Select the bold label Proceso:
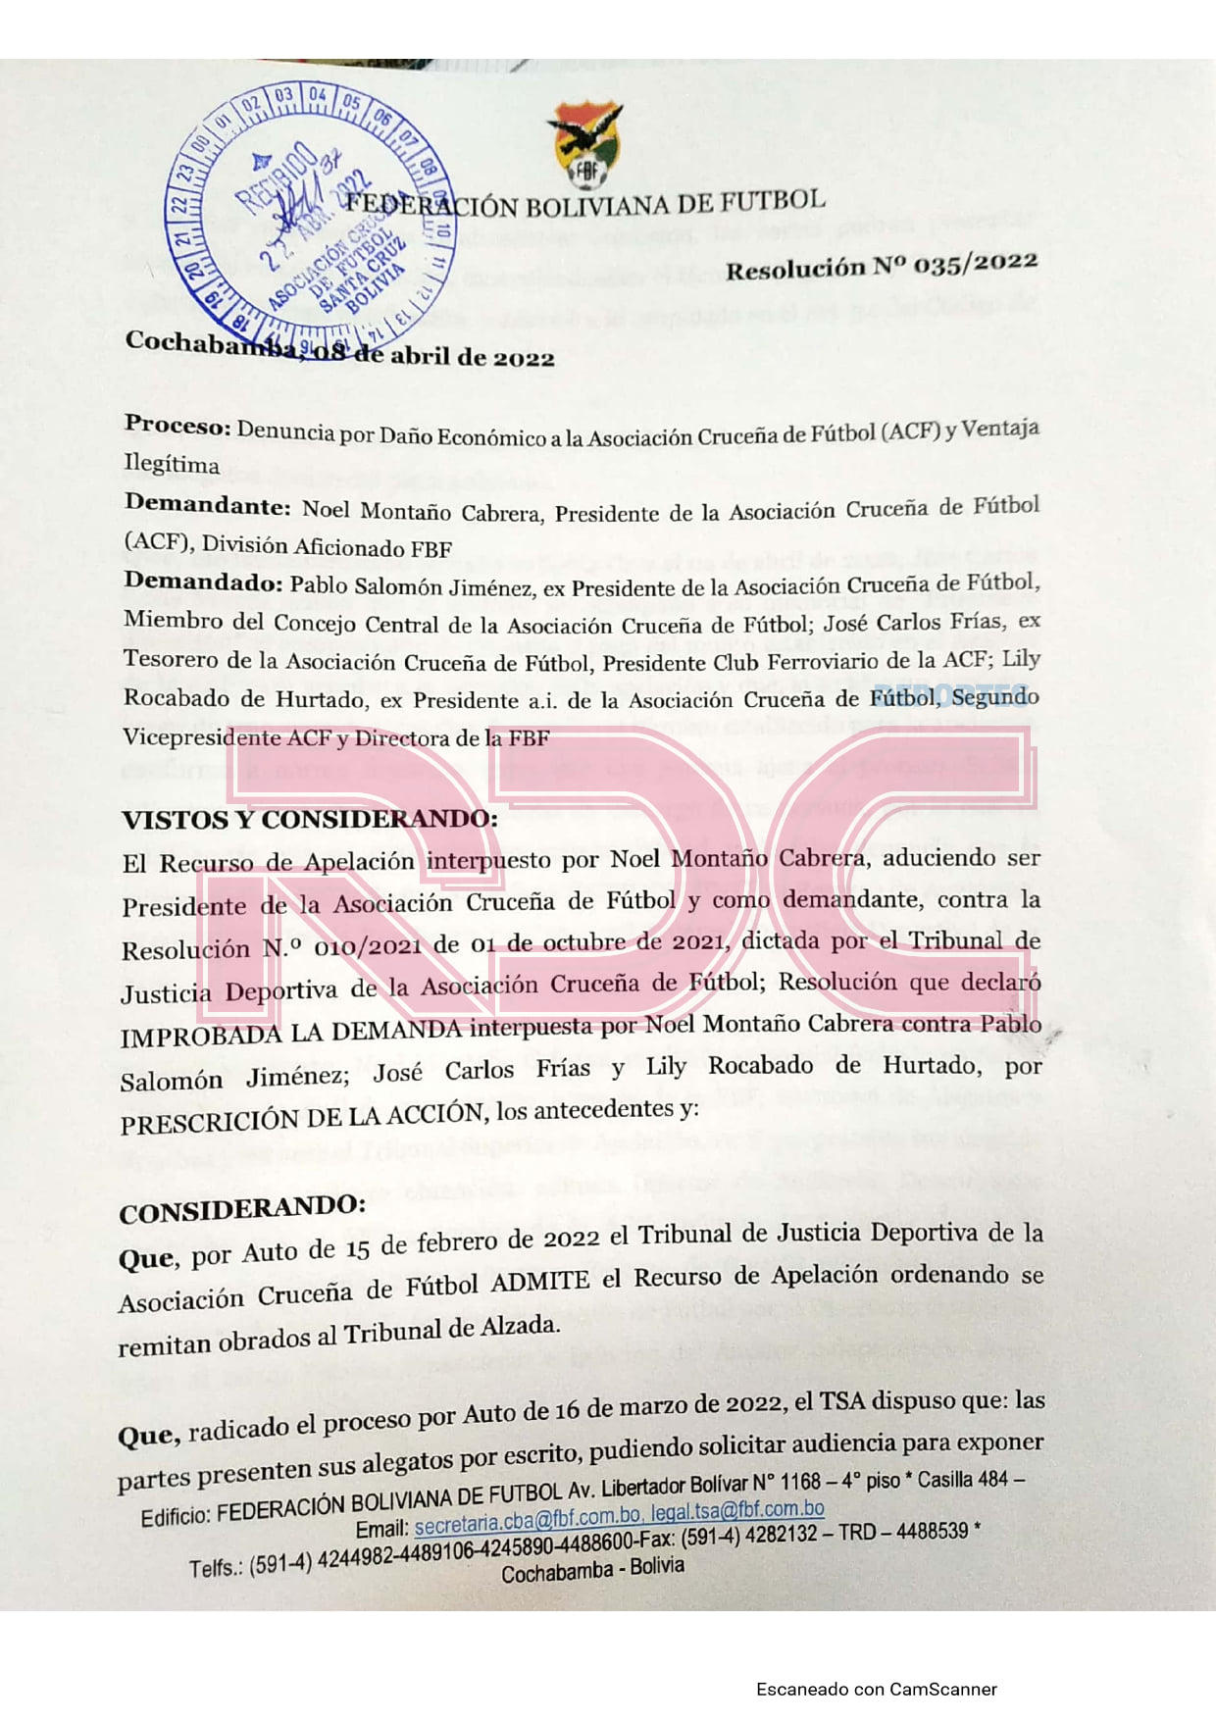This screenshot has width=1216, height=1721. [x=177, y=427]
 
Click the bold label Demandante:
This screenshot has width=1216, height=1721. [x=207, y=506]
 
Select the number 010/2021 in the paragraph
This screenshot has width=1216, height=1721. [x=368, y=946]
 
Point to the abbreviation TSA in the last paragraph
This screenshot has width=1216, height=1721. [x=840, y=1403]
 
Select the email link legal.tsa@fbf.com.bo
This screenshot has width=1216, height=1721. [x=737, y=1511]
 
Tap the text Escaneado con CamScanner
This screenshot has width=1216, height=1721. [x=876, y=1689]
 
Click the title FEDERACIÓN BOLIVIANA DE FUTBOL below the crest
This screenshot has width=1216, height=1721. [x=585, y=204]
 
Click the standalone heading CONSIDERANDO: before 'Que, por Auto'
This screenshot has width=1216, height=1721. [x=242, y=1208]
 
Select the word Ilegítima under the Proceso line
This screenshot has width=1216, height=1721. [x=172, y=464]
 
